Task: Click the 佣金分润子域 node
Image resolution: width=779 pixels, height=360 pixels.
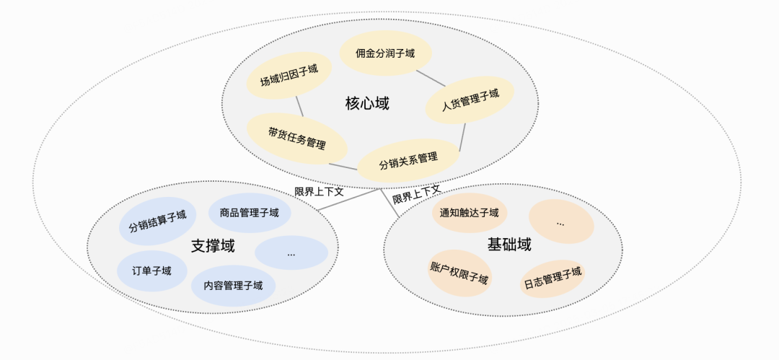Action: pyautogui.click(x=385, y=53)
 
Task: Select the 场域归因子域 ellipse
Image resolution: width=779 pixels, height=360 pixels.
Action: pyautogui.click(x=289, y=76)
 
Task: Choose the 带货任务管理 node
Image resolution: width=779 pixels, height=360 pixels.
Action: pyautogui.click(x=296, y=138)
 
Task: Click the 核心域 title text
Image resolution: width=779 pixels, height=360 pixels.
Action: pyautogui.click(x=367, y=104)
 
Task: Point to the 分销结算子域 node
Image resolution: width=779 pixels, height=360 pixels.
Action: pyautogui.click(x=157, y=221)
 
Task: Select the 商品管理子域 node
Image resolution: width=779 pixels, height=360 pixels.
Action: pyautogui.click(x=249, y=213)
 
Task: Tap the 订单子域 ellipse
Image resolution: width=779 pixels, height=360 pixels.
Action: pyautogui.click(x=151, y=271)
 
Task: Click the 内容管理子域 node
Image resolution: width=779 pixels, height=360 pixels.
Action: pyautogui.click(x=233, y=285)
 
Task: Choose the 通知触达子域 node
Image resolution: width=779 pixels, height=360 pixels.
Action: pyautogui.click(x=470, y=213)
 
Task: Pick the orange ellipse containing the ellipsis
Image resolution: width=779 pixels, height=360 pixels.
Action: pyautogui.click(x=560, y=221)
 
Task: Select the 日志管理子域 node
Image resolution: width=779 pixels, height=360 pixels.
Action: pyautogui.click(x=553, y=278)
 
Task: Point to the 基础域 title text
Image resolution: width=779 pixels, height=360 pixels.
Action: pyautogui.click(x=509, y=245)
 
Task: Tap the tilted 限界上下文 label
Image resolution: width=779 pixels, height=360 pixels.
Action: pyautogui.click(x=417, y=194)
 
